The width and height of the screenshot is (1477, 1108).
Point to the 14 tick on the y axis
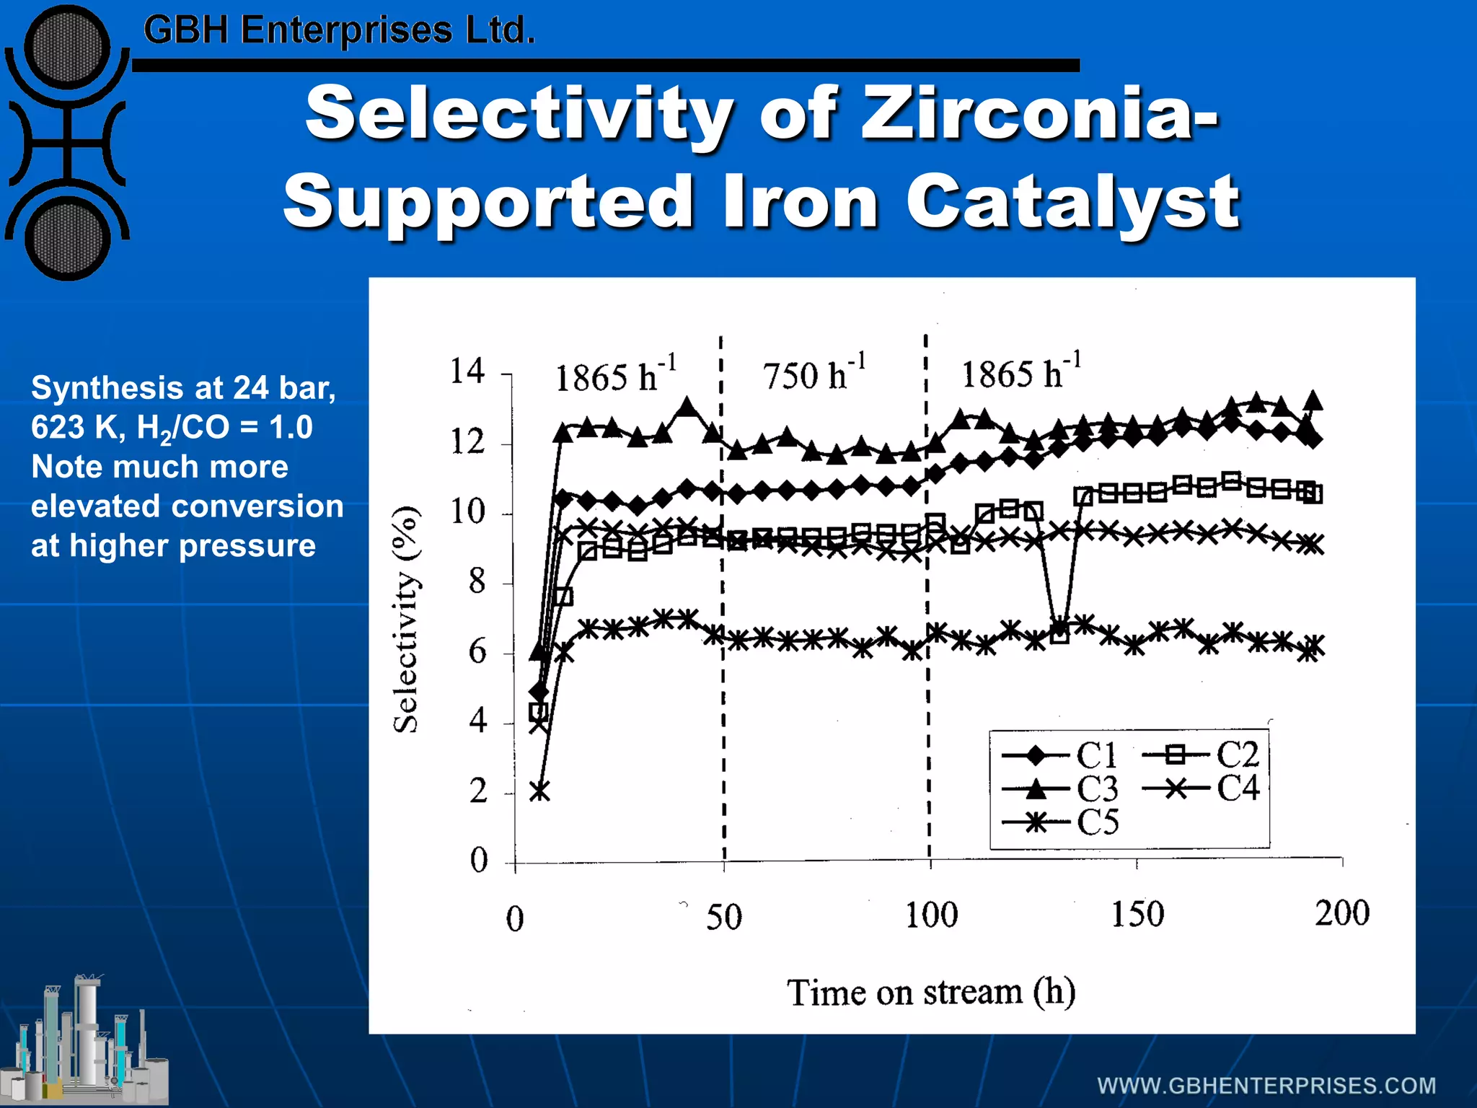(467, 371)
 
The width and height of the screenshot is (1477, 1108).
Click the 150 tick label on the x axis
(1137, 914)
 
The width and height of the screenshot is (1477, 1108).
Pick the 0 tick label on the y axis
(479, 861)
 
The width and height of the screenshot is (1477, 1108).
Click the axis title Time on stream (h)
(930, 993)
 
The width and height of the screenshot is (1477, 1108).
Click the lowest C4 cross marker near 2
(539, 792)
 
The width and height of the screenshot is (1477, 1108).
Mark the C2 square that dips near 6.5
(1059, 634)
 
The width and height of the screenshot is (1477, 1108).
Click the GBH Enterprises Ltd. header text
(339, 30)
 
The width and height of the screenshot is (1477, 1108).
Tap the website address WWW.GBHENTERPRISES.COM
(1266, 1086)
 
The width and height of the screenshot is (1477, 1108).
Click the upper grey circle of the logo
(67, 47)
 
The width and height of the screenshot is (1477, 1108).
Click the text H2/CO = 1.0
(224, 428)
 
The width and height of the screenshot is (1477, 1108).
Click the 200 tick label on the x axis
(1341, 913)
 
